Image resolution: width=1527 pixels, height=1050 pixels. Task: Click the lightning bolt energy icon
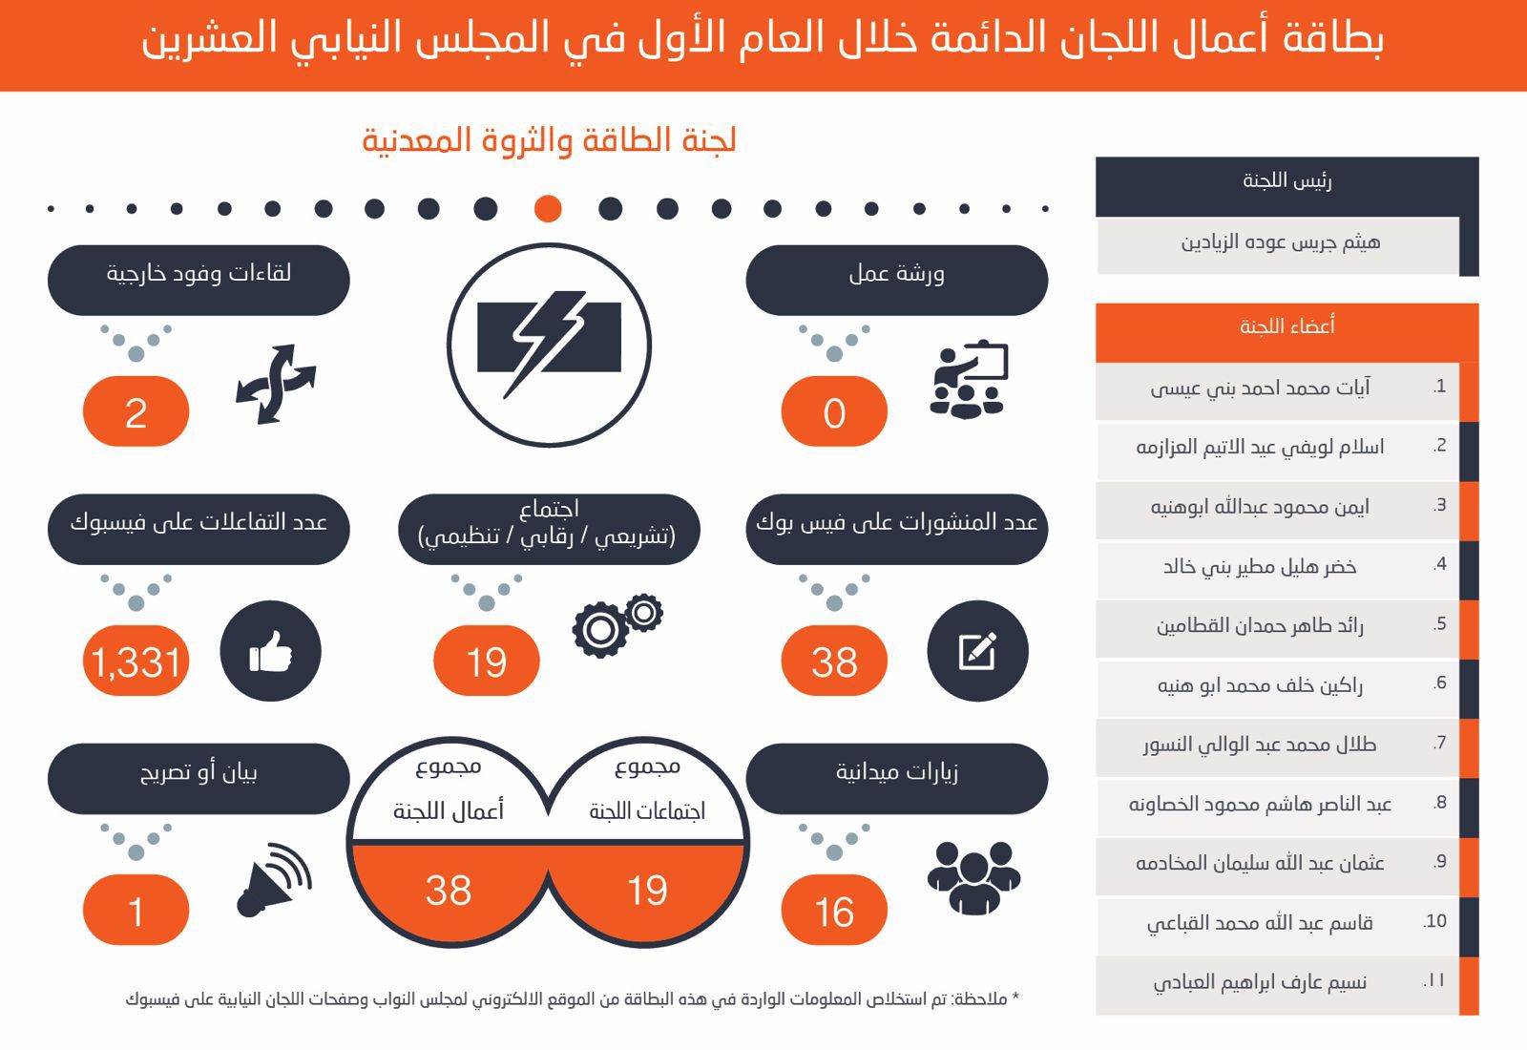pos(549,345)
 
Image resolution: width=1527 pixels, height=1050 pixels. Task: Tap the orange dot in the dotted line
pos(548,208)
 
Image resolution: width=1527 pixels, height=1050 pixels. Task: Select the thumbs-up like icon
pos(270,653)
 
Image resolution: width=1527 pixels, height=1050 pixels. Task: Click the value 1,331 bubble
pos(136,661)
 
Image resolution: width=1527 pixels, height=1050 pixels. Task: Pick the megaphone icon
pos(274,879)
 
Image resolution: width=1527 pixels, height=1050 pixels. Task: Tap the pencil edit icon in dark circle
pos(977,652)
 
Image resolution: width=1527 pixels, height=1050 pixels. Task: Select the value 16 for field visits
pos(834,912)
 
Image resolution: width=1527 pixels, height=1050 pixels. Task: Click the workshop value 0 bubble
pos(834,412)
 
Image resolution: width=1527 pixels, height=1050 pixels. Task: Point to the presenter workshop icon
pos(969,380)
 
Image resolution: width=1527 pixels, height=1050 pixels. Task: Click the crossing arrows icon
pos(275,384)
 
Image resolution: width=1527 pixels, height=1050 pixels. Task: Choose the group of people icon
pos(973,876)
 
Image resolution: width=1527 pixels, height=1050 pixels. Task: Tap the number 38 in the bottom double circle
pos(448,891)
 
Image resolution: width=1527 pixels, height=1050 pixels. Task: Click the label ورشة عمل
pos(896,275)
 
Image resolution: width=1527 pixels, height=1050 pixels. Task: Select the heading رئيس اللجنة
pos(1286,180)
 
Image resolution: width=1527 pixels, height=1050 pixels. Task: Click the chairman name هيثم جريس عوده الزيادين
pos(1280,242)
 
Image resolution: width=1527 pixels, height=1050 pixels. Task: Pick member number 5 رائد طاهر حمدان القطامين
pos(1260,626)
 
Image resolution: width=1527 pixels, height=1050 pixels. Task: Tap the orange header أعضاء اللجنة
pos(1286,326)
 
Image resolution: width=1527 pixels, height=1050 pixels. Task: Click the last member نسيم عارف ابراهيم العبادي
pos(1260,982)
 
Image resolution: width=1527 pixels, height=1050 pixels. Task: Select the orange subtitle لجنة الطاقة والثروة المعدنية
pos(549,140)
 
